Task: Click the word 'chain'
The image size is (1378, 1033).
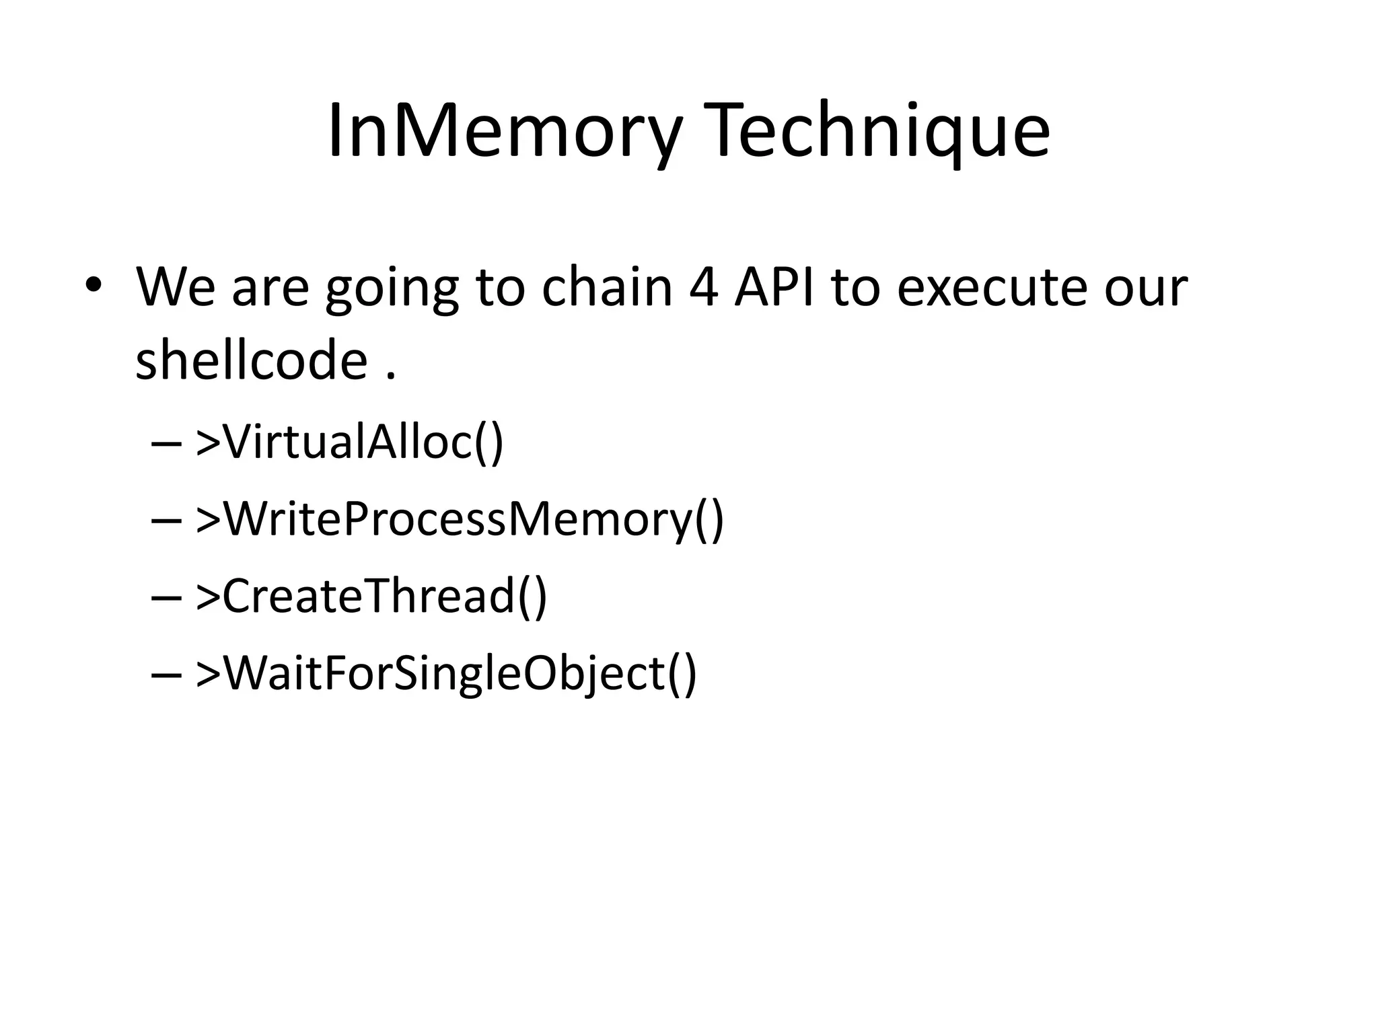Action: [608, 288]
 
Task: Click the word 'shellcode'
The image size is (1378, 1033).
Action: [251, 359]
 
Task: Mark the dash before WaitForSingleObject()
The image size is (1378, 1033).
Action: [166, 675]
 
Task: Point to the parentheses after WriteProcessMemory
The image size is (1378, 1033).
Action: [709, 520]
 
